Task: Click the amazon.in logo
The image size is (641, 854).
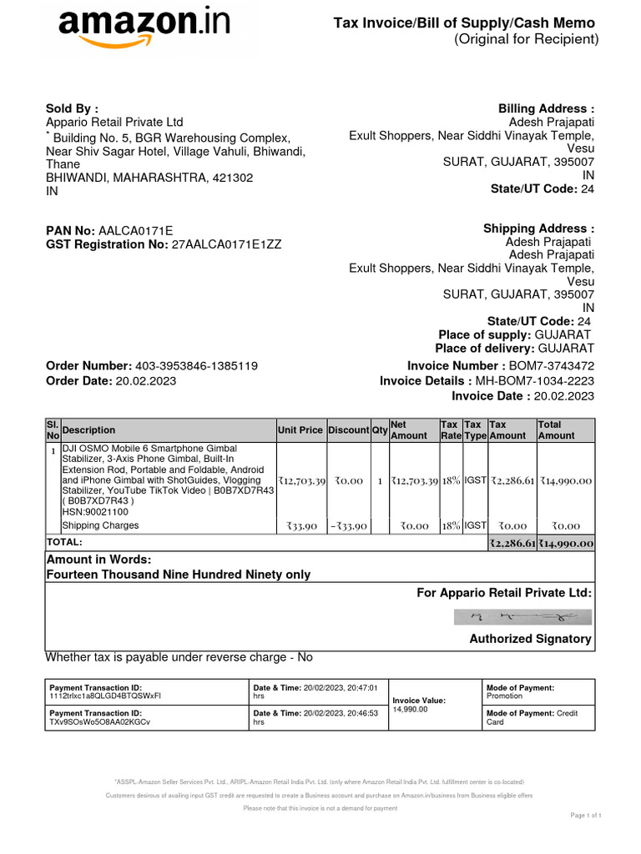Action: [143, 31]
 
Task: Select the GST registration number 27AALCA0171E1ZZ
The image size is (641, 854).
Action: [226, 244]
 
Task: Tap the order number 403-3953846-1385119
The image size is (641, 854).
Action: [196, 366]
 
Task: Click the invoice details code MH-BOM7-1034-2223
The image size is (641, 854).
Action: [535, 381]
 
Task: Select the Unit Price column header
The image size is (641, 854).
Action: [300, 430]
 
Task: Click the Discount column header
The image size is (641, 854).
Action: [348, 430]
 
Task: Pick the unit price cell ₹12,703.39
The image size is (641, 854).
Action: [300, 481]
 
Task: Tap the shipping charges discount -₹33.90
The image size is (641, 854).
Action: [347, 526]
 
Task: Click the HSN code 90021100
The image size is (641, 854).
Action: [95, 512]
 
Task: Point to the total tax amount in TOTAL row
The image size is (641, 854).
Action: [512, 544]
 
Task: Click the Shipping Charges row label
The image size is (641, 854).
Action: [100, 525]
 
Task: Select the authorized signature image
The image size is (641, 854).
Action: [522, 617]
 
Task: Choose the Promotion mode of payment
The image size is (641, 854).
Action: [504, 696]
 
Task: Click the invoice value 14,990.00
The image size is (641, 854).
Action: [410, 709]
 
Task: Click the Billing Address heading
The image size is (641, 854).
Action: [546, 108]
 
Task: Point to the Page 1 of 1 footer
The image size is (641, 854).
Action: [586, 815]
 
